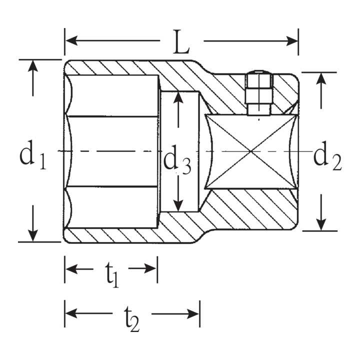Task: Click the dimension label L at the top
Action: coord(181,42)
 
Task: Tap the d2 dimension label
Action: coord(327,155)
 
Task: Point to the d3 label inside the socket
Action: coord(177,159)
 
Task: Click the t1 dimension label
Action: coord(112,274)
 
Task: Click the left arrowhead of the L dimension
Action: coord(71,40)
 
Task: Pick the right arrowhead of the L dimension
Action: coord(292,41)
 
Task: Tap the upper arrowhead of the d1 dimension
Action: coord(33,66)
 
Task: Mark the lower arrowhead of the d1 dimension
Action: coord(33,236)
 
